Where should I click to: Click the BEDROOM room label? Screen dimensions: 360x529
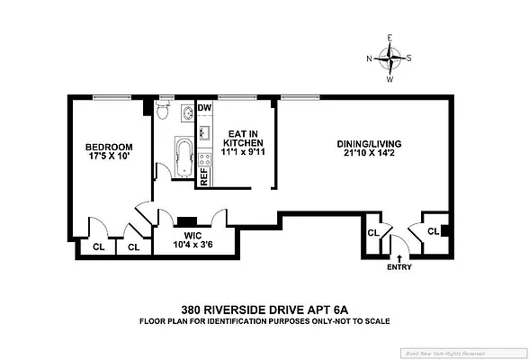click(x=109, y=148)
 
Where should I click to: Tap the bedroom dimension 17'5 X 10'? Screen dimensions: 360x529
click(x=109, y=158)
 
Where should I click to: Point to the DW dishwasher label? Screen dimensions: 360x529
click(x=203, y=107)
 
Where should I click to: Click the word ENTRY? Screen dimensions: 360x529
click(x=399, y=267)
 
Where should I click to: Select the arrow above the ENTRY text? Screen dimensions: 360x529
click(x=399, y=257)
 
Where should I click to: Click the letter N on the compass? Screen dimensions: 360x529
click(x=370, y=59)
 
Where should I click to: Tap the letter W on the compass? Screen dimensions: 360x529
click(x=390, y=79)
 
